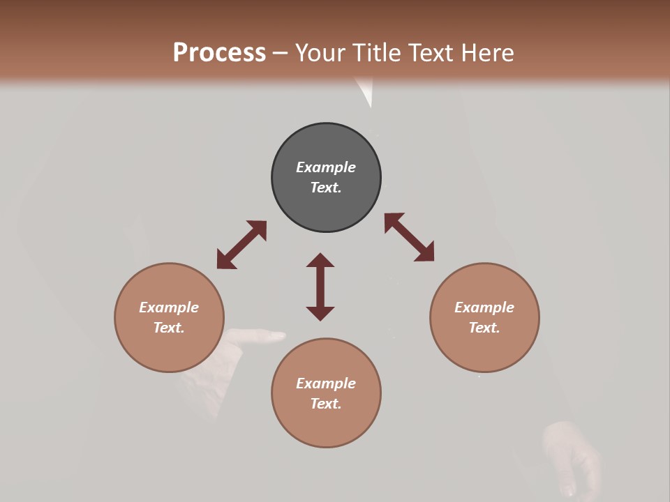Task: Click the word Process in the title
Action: (x=219, y=52)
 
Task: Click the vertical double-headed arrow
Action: (x=320, y=287)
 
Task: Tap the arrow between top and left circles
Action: (x=241, y=245)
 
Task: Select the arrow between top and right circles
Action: (x=409, y=237)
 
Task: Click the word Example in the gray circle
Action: (x=326, y=167)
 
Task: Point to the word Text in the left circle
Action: (x=168, y=328)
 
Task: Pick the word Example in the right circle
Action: (x=484, y=307)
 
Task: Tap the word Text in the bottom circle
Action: (x=325, y=404)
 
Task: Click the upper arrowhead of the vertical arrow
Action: (x=320, y=260)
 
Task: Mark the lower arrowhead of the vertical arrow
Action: (x=320, y=313)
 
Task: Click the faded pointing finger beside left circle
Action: (x=262, y=336)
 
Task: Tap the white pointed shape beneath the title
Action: (x=365, y=91)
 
